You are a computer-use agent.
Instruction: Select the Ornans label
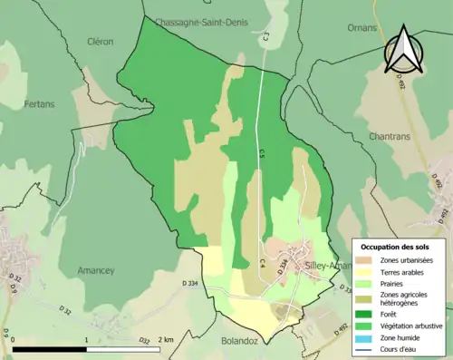pos(362,28)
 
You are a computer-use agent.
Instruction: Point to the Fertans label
pos(39,104)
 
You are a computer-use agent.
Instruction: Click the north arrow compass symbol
pos(404,49)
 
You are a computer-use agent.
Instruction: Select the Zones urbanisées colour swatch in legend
pos(363,261)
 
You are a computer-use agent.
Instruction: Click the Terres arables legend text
pos(399,271)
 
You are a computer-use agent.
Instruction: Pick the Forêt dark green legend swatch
pos(363,313)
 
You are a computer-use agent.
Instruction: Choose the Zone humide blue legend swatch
pos(363,338)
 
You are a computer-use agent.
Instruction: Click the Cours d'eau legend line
pos(363,349)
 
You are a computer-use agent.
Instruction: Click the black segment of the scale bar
pos(49,349)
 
